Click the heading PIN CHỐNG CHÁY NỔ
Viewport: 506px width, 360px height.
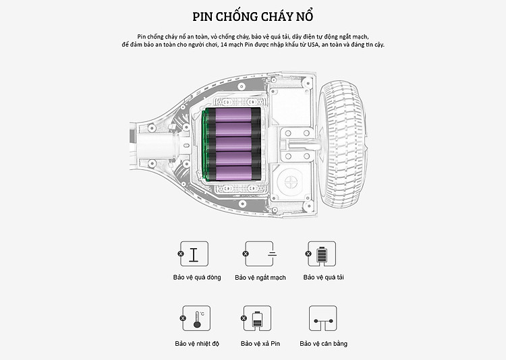(252, 16)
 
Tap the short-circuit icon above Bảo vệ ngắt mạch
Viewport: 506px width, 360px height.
(259, 253)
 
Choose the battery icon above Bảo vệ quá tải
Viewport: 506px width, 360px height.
(320, 253)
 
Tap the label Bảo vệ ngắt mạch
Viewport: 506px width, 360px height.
(260, 277)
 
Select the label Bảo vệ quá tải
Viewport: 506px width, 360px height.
(323, 277)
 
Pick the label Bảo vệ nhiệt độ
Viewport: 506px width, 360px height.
(197, 343)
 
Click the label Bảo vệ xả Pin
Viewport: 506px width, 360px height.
(260, 343)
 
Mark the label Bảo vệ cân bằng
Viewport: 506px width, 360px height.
(324, 343)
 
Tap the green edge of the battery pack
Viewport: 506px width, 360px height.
(202, 143)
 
